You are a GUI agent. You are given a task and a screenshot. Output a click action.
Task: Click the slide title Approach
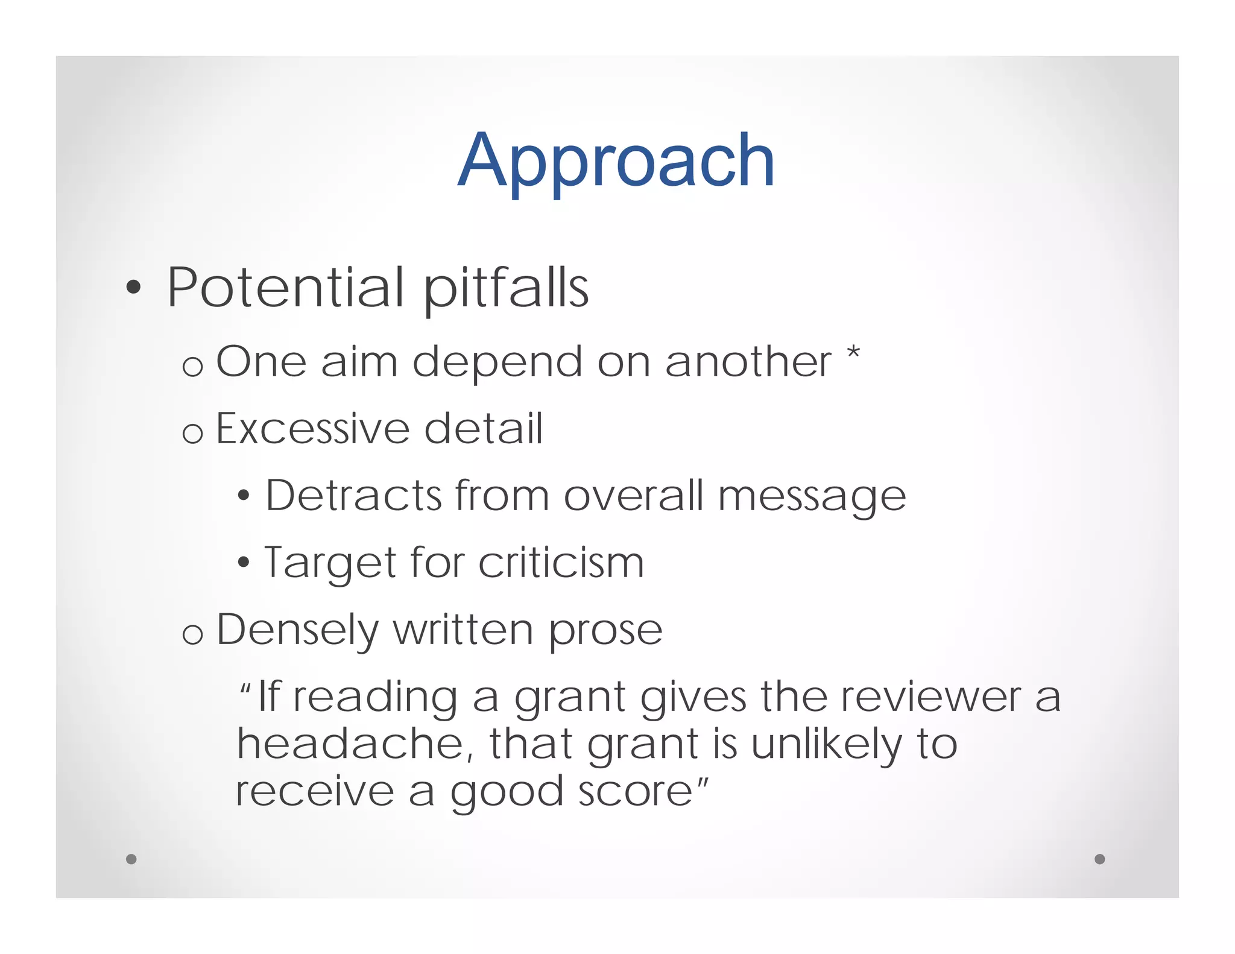click(x=616, y=162)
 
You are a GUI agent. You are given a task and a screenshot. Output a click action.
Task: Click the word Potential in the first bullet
click(x=285, y=288)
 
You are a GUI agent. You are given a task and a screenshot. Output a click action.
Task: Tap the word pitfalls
click(x=506, y=289)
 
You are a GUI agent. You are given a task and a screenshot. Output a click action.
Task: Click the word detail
click(x=483, y=429)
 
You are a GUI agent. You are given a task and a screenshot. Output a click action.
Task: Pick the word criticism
click(x=561, y=563)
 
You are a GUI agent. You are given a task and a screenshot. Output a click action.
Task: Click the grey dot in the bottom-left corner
click(x=131, y=859)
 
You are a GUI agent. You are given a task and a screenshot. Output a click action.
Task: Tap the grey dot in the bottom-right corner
click(x=1100, y=859)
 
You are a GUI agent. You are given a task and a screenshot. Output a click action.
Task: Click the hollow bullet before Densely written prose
click(x=192, y=634)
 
